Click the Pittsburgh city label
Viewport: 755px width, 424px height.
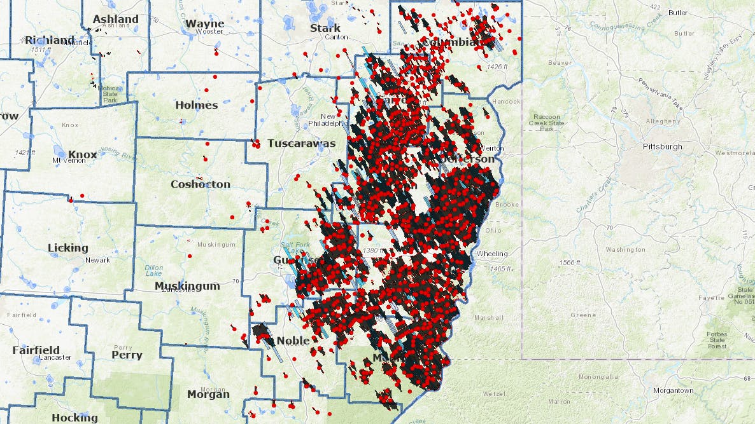point(662,146)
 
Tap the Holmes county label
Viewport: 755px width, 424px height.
point(196,105)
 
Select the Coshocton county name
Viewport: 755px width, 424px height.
point(201,184)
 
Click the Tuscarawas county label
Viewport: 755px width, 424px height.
point(301,143)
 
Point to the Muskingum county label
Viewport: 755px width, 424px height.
point(187,286)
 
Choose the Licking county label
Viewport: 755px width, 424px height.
point(68,247)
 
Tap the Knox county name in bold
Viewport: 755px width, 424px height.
point(83,154)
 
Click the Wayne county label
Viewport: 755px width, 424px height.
point(204,24)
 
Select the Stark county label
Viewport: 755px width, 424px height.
point(325,28)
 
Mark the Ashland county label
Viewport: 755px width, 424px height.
point(115,19)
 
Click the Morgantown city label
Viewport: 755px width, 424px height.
point(673,390)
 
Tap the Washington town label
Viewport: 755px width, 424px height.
point(625,250)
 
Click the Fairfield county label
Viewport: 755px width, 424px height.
point(36,350)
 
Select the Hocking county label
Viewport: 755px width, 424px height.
point(74,418)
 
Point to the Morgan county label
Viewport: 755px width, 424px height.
point(208,394)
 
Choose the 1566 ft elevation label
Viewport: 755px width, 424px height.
point(569,263)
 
